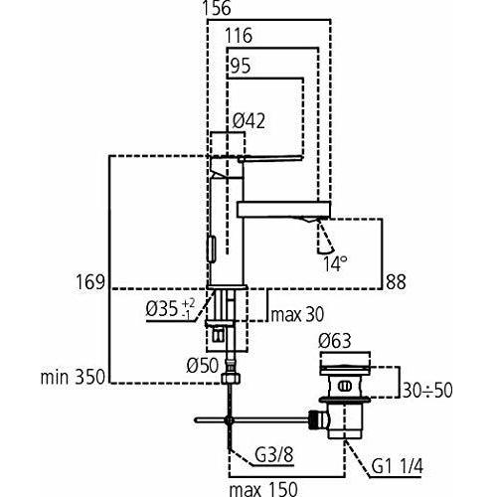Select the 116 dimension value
[x=238, y=37]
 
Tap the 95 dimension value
[x=239, y=67]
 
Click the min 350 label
[x=72, y=379]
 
